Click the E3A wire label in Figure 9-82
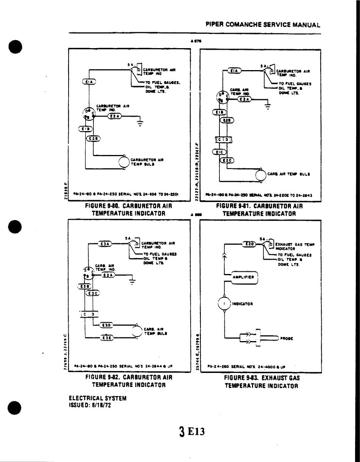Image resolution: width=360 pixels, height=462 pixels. [x=105, y=244]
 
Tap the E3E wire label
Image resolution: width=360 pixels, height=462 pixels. [x=106, y=338]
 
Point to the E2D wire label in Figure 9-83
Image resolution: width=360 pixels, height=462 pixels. [x=249, y=244]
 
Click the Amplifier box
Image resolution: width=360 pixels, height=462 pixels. [x=246, y=277]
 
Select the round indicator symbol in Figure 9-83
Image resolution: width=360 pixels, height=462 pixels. [x=224, y=304]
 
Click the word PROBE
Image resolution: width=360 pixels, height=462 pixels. [x=287, y=338]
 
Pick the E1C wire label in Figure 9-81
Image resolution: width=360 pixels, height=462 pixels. [x=220, y=152]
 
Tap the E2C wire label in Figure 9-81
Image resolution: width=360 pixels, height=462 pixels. [x=227, y=160]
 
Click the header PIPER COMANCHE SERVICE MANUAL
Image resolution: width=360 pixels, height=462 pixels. [x=263, y=25]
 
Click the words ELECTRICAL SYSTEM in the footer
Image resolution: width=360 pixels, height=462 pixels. [x=97, y=398]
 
